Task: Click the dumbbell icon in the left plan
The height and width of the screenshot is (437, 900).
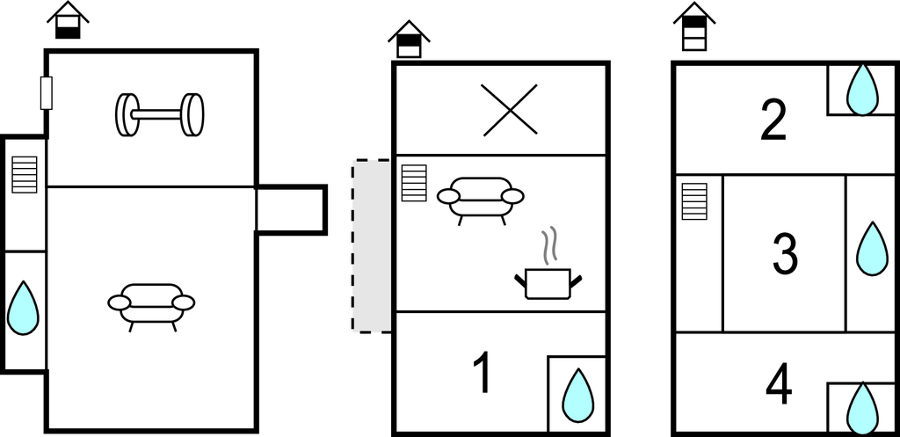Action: pyautogui.click(x=160, y=115)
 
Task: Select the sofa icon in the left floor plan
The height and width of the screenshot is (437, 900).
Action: pyautogui.click(x=151, y=307)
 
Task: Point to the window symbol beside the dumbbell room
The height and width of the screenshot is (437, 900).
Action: pyautogui.click(x=47, y=93)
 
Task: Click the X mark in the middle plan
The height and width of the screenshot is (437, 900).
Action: pyautogui.click(x=511, y=110)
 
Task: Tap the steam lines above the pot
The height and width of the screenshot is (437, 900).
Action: pyautogui.click(x=550, y=246)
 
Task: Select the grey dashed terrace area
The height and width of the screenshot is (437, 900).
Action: pyautogui.click(x=372, y=246)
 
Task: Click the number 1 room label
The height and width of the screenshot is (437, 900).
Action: pyautogui.click(x=483, y=373)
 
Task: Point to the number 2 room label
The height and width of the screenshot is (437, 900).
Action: pyautogui.click(x=773, y=120)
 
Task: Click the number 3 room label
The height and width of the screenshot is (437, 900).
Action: pyautogui.click(x=785, y=253)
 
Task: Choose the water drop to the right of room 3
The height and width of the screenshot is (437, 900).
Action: pyautogui.click(x=873, y=248)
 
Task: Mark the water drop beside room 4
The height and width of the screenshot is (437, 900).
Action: pyautogui.click(x=863, y=408)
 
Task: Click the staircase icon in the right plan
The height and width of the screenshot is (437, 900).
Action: pyautogui.click(x=694, y=201)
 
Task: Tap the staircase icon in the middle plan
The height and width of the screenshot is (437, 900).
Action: pyautogui.click(x=414, y=183)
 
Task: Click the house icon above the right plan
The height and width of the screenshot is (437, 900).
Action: pyautogui.click(x=694, y=26)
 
